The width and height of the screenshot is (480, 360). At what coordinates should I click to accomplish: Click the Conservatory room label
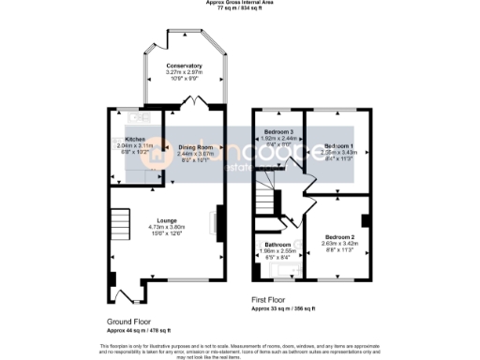tap(184, 66)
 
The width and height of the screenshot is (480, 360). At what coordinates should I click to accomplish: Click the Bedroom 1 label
tap(338, 147)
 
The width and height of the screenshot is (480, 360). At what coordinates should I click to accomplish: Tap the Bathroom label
tap(277, 246)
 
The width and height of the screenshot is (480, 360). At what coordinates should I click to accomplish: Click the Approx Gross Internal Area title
tap(239, 3)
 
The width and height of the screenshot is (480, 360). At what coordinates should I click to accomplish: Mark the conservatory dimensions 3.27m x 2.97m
tap(184, 72)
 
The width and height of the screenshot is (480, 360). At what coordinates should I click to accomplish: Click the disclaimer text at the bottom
tap(239, 349)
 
